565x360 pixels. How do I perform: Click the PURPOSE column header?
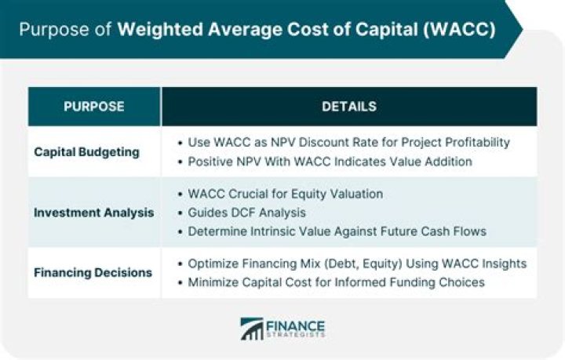click(93, 106)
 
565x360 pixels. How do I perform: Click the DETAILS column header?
click(349, 106)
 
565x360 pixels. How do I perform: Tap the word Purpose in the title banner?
click(49, 30)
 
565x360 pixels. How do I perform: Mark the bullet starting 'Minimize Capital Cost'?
click(337, 282)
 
